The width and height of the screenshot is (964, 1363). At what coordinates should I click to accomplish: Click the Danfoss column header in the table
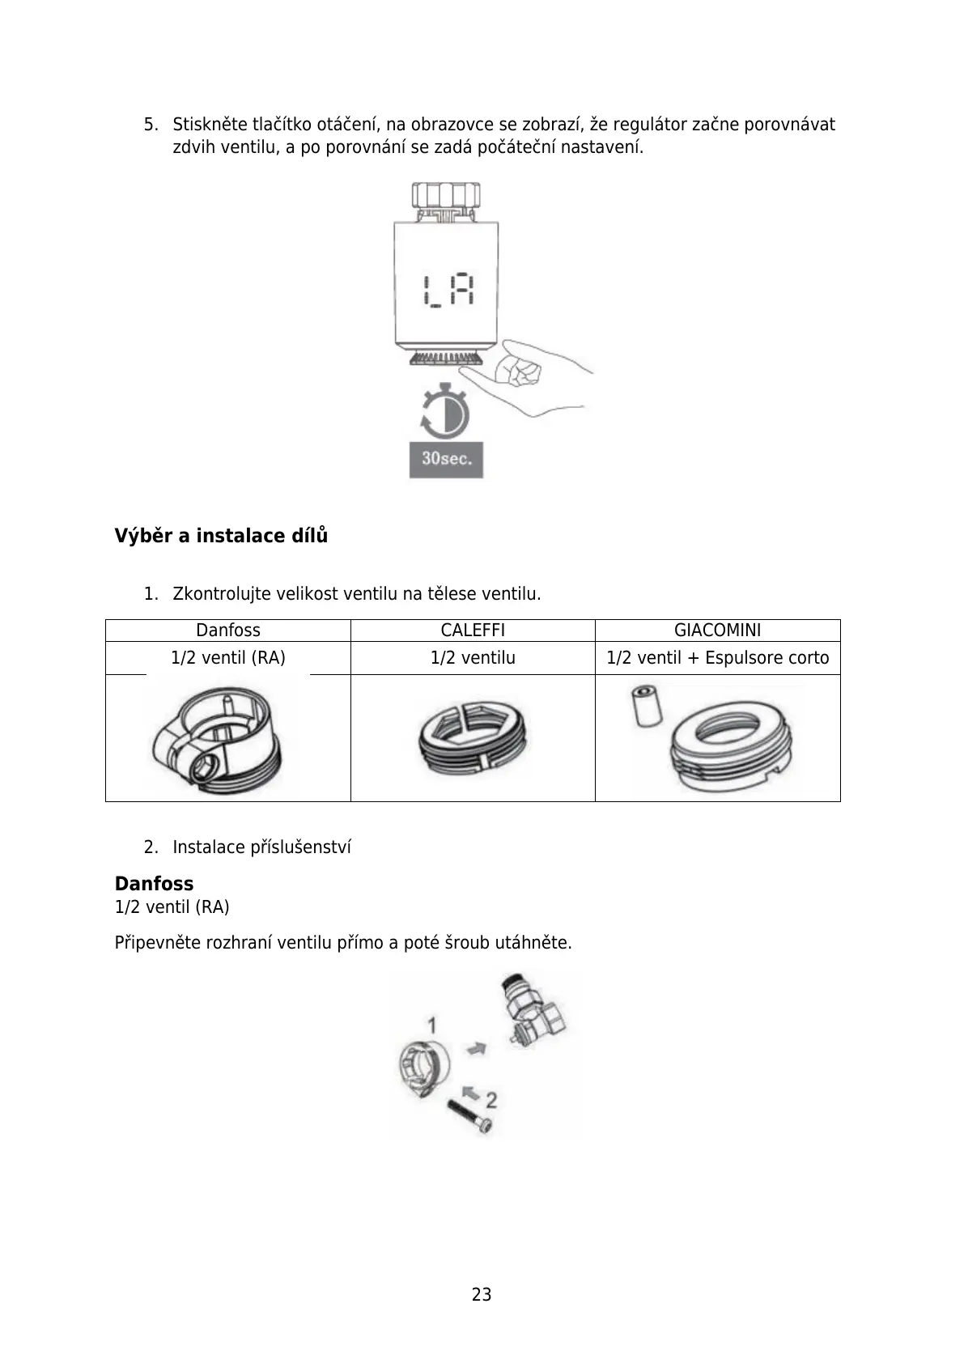tap(228, 631)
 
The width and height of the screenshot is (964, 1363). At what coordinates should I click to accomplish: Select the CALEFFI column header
tap(473, 631)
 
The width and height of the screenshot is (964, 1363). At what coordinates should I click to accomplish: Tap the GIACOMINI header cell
tap(717, 631)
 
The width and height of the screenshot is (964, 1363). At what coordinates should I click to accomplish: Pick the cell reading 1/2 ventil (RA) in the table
tap(228, 658)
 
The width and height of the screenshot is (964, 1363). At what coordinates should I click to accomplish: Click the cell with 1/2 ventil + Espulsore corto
tap(717, 658)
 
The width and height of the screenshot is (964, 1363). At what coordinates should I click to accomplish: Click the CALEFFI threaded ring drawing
tap(472, 738)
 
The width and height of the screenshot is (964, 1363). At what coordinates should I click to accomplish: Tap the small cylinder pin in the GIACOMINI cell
tap(647, 706)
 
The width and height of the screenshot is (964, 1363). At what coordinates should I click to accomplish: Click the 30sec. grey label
tap(446, 459)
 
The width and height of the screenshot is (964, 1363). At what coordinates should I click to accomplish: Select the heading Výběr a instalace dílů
tap(221, 536)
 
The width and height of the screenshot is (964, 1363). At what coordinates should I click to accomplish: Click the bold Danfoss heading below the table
tap(154, 884)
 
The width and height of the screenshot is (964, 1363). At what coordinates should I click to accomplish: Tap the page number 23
tap(482, 1294)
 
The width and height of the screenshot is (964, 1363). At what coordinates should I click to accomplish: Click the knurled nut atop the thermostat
tap(445, 196)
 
